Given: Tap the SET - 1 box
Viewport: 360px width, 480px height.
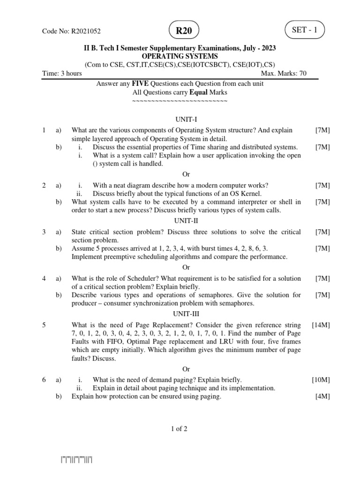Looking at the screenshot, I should click(x=305, y=30).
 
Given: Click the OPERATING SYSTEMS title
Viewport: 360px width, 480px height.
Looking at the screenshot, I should click(x=180, y=56).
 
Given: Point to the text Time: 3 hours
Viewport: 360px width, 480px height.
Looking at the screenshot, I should click(x=62, y=73).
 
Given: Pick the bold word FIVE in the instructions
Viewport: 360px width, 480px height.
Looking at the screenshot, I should click(x=140, y=83).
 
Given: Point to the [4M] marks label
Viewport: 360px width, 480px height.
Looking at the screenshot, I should click(x=322, y=397).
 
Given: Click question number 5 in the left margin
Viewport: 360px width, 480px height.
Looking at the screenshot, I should click(x=44, y=324).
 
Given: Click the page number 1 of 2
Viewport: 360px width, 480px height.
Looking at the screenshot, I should click(x=180, y=428).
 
